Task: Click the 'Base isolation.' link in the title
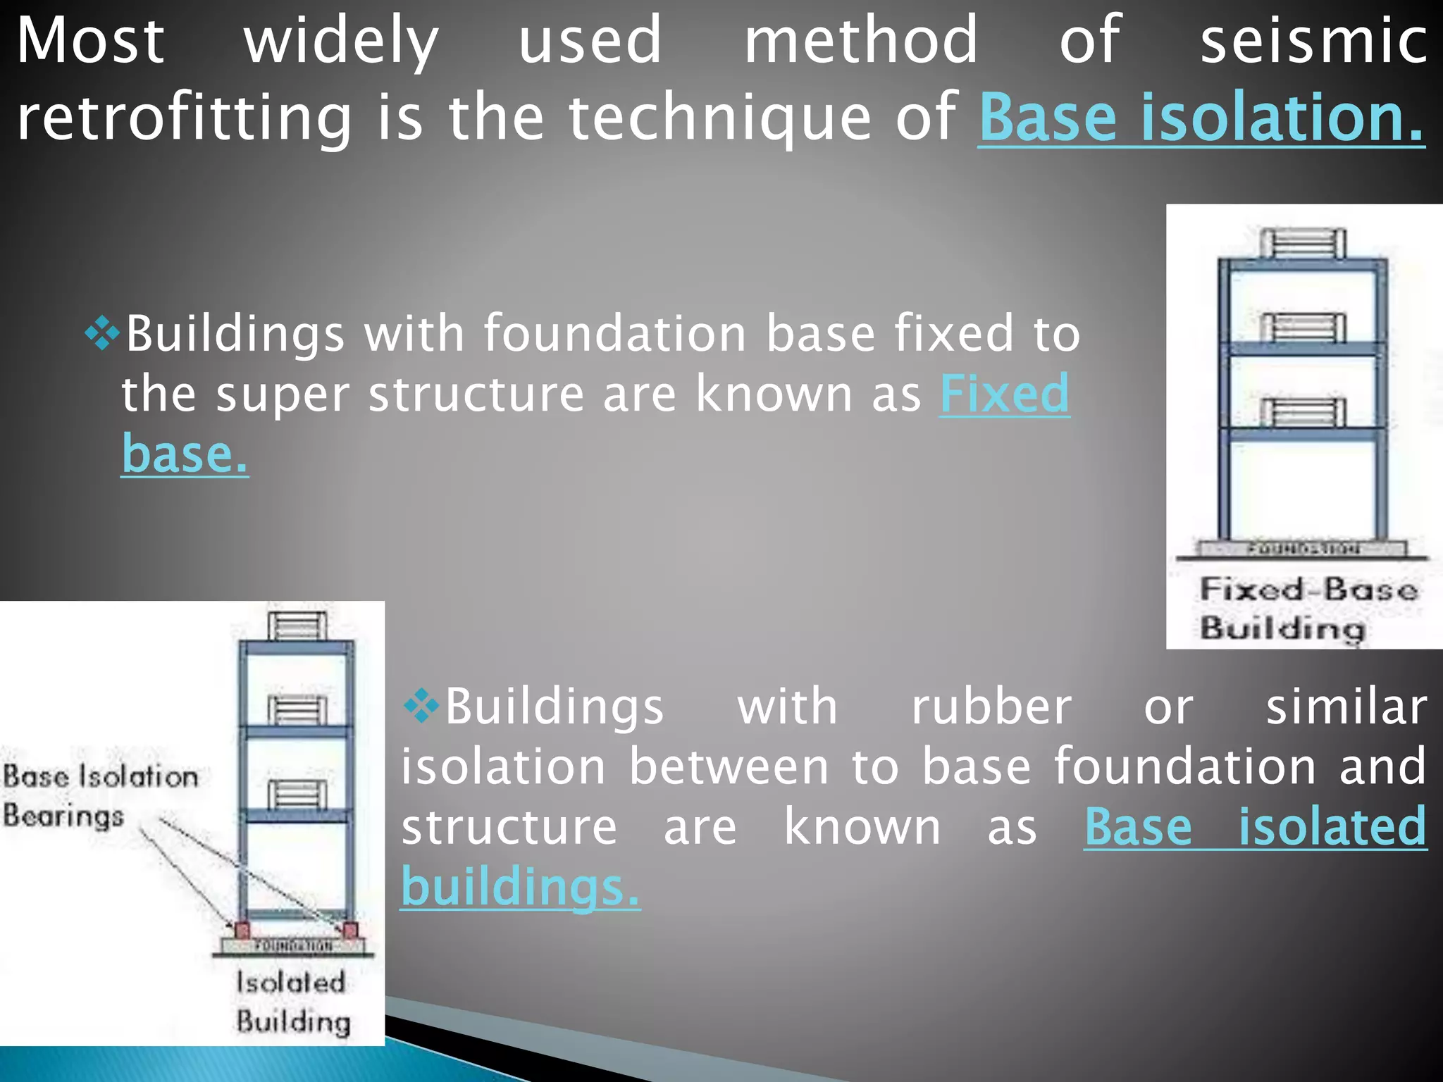coord(1201,117)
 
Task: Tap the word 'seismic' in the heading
coord(1313,41)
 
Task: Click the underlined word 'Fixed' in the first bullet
coord(1005,393)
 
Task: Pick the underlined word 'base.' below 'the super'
coord(185,454)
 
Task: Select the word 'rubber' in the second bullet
coord(991,707)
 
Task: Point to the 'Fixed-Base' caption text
coord(1308,590)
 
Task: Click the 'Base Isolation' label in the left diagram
coord(101,776)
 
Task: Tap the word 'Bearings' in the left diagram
coord(63,816)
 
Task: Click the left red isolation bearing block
coord(242,930)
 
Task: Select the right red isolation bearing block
coord(349,930)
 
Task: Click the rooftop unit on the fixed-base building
coord(1302,244)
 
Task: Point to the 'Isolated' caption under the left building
coord(290,982)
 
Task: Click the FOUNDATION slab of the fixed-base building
coord(1302,549)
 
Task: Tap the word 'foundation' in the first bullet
coord(614,333)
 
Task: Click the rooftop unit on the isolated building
coord(297,626)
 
